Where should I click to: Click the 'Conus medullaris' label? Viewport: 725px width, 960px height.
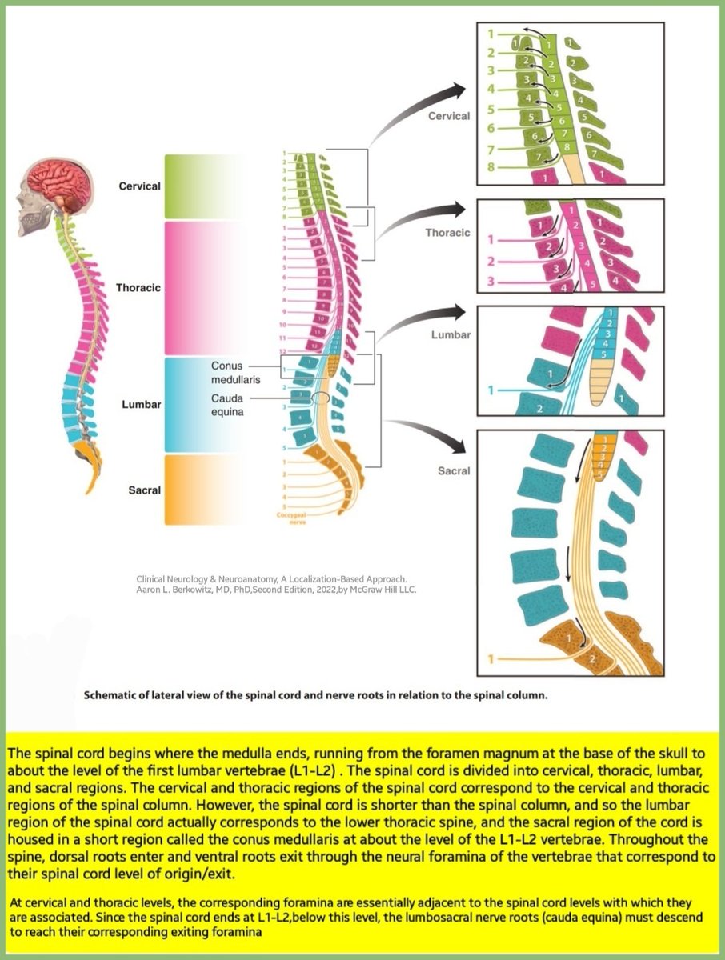click(233, 371)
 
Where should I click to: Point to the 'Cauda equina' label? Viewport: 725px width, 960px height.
click(229, 404)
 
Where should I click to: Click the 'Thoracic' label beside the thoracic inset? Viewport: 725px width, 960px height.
click(448, 234)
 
